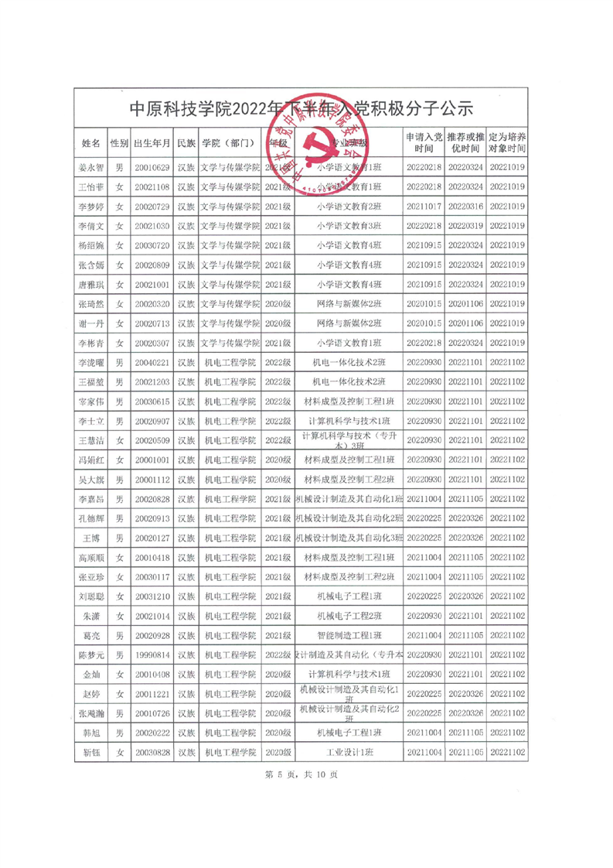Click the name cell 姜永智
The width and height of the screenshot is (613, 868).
(90, 167)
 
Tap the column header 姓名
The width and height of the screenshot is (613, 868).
(90, 143)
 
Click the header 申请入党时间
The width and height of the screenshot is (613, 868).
(424, 143)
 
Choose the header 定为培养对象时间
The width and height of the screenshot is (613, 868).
(508, 143)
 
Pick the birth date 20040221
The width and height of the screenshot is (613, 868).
(152, 362)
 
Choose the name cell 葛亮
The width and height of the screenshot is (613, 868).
(90, 635)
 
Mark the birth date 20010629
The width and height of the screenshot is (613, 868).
(152, 167)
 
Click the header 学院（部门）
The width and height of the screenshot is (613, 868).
(230, 143)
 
